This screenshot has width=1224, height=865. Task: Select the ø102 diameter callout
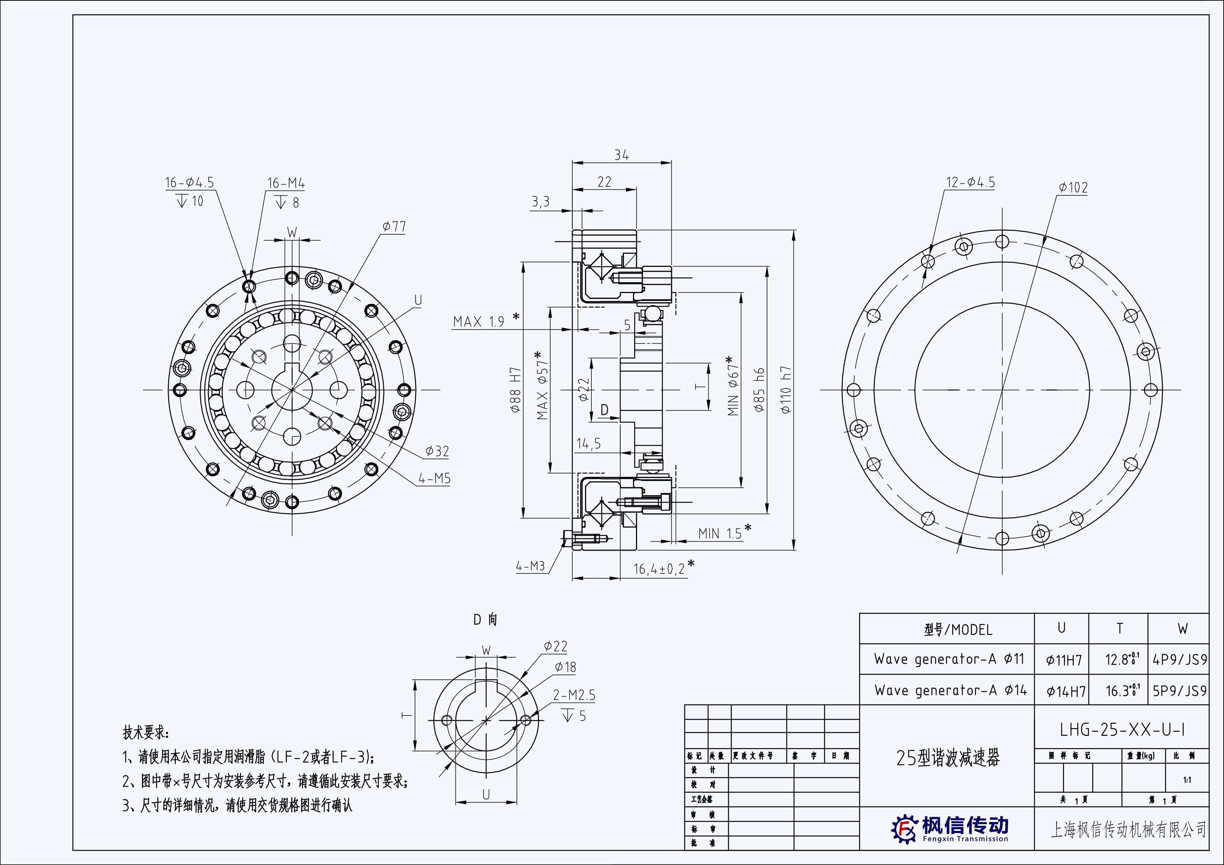click(1073, 188)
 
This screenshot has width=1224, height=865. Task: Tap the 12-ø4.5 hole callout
click(970, 182)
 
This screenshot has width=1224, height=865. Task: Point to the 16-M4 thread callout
click(286, 183)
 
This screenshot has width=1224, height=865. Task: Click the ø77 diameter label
click(394, 226)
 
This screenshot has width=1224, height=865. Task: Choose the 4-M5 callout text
click(434, 478)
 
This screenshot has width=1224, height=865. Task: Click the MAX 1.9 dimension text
click(478, 322)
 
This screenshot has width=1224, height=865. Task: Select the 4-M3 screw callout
click(530, 566)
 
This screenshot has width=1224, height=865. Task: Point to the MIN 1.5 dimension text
click(720, 533)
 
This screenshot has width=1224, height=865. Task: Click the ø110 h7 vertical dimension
click(786, 389)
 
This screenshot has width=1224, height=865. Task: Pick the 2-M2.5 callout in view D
click(574, 695)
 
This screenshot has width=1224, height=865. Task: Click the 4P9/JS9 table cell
click(1179, 660)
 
